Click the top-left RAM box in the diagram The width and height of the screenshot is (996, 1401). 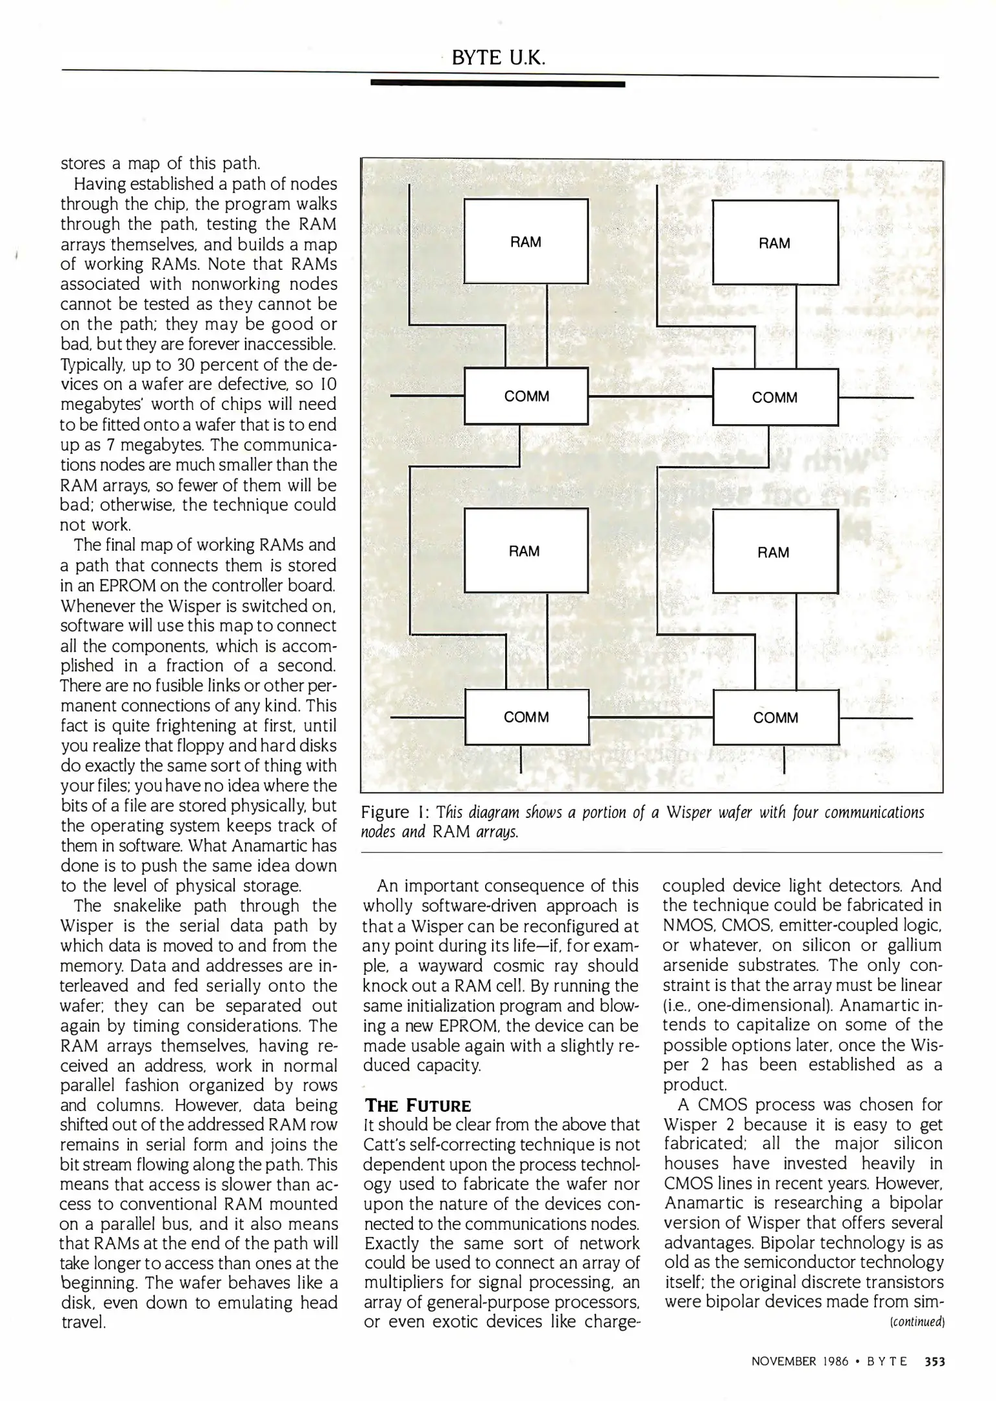coord(526,241)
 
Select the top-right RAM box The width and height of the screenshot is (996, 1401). coord(775,243)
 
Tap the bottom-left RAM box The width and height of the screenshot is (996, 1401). coord(525,551)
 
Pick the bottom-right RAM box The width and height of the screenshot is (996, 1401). coord(774,552)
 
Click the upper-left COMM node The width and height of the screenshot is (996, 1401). coord(527,396)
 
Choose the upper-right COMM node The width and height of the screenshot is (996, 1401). coord(775,397)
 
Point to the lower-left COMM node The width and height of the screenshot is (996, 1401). coord(527,717)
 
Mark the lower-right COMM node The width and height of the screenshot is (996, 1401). coord(776,717)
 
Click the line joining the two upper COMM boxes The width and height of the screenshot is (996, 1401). coord(650,396)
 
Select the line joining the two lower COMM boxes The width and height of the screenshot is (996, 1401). coord(650,717)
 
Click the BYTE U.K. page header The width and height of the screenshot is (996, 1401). coord(498,58)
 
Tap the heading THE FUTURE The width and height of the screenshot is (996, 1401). coord(418,1105)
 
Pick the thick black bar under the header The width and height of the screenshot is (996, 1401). coord(497,84)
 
